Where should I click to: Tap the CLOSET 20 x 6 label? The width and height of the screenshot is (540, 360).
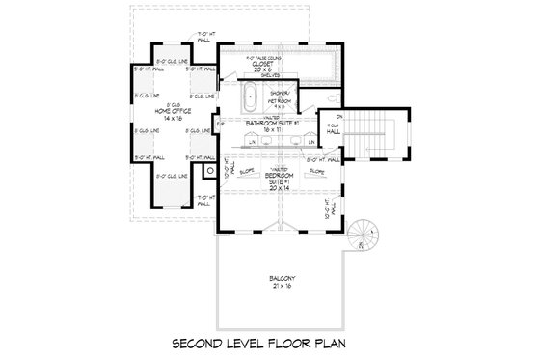[259, 68]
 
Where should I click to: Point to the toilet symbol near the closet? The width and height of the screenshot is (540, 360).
[330, 98]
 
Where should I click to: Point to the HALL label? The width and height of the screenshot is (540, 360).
[330, 129]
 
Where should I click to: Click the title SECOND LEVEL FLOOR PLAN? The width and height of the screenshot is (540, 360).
[270, 343]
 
